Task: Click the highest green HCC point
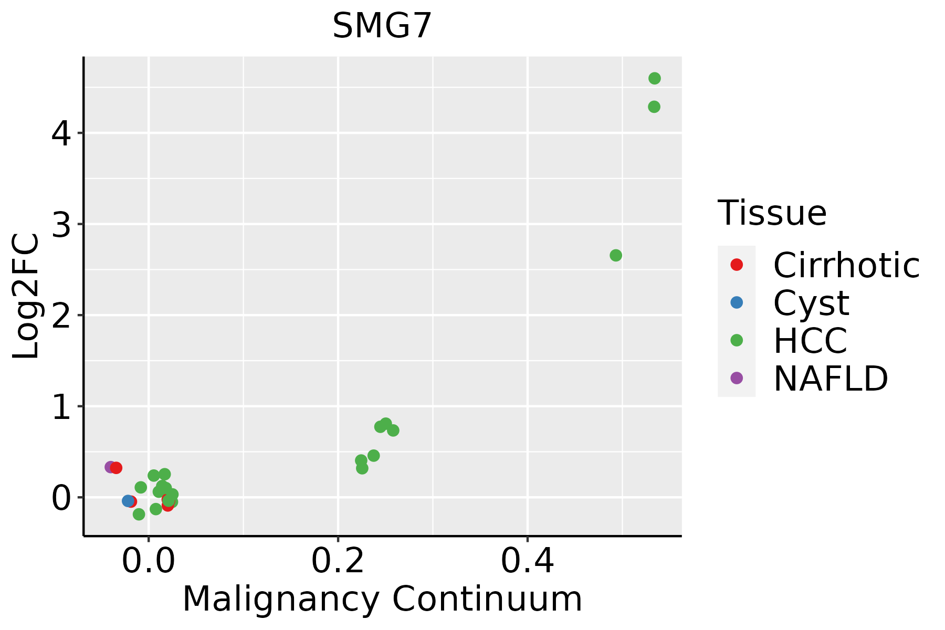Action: [654, 79]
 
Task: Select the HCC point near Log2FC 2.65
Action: [616, 256]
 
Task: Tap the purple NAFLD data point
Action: [110, 467]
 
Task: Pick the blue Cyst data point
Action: [128, 501]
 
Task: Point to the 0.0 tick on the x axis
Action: [149, 562]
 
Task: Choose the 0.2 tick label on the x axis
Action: [338, 562]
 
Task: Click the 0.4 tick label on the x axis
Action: [527, 562]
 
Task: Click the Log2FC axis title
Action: [26, 297]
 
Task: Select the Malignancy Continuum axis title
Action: [382, 600]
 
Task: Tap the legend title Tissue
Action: [772, 213]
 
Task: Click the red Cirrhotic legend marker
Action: [737, 265]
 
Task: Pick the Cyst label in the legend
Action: [811, 303]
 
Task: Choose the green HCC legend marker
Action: [737, 340]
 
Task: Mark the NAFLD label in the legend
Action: [831, 379]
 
